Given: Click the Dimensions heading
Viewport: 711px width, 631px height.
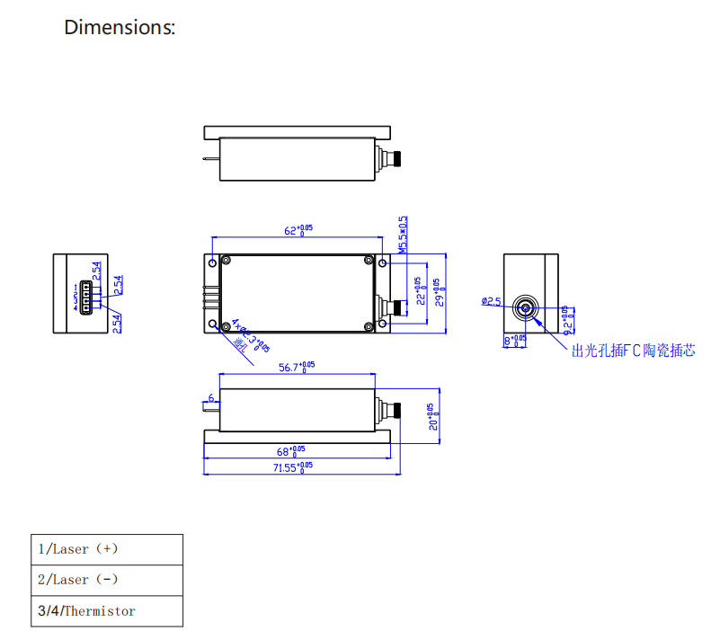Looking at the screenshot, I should pos(120,27).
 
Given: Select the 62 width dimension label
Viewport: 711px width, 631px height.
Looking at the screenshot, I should pos(298,230).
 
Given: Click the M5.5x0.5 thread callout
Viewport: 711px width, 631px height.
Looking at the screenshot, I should pos(404,234).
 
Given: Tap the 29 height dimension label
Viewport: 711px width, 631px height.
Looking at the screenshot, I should pos(439,293).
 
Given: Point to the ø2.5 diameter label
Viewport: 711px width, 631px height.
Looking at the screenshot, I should pos(491,301).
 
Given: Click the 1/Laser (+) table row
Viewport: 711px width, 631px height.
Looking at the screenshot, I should pos(107,549).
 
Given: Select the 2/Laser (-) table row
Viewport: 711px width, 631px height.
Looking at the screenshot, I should pos(107,580).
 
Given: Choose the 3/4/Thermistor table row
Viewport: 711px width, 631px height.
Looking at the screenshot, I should pos(107,611).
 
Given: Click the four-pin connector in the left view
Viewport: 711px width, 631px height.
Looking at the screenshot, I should pos(84,296).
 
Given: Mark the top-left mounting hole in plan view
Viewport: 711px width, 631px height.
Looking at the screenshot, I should pos(212,263).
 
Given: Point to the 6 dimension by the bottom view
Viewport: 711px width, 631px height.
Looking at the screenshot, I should pos(211,398).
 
